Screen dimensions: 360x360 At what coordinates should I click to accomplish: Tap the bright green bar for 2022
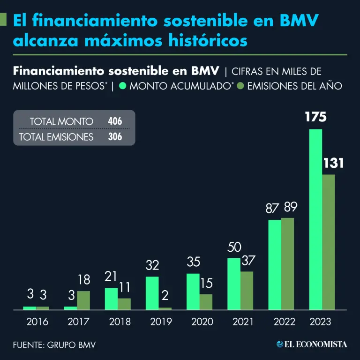(x=275, y=264)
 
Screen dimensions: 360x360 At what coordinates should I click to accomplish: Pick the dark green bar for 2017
(x=83, y=300)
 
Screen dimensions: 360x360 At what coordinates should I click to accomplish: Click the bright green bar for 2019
(x=152, y=293)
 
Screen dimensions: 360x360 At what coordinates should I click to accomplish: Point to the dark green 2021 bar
(x=247, y=290)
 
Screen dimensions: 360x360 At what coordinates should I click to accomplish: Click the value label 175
(x=315, y=117)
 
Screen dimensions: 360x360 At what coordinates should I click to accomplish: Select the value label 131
(x=333, y=163)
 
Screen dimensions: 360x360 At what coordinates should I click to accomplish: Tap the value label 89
(x=287, y=207)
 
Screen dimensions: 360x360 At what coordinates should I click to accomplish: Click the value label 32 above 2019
(x=152, y=265)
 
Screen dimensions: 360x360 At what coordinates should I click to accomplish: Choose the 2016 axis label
(x=37, y=322)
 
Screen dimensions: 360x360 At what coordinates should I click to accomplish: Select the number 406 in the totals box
(x=115, y=121)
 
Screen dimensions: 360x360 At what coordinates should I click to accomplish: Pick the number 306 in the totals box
(x=115, y=137)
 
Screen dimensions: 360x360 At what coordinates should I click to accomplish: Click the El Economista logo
(x=312, y=345)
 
